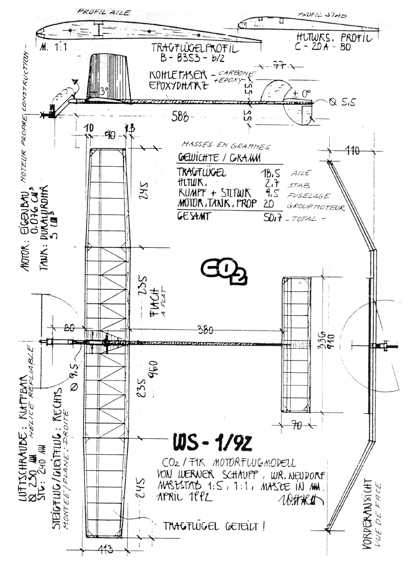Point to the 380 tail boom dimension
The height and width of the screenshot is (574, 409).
coord(206,330)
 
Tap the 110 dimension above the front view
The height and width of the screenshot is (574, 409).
coord(352,151)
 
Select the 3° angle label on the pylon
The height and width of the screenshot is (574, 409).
coord(104,91)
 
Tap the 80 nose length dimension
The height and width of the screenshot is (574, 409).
coord(70,328)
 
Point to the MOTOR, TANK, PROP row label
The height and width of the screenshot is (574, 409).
coord(217,203)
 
